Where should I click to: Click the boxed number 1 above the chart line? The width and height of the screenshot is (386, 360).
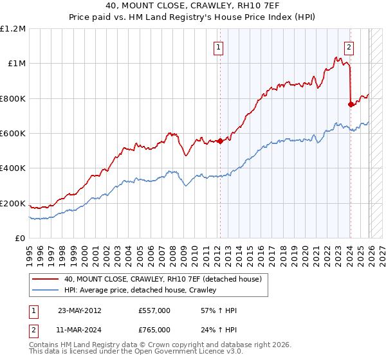tap(219, 47)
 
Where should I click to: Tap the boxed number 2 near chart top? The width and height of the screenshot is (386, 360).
tap(349, 47)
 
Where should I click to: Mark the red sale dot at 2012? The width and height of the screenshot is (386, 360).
tap(220, 141)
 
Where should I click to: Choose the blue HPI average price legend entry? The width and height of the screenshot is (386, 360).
tap(140, 291)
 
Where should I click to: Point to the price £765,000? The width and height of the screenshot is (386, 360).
tap(154, 331)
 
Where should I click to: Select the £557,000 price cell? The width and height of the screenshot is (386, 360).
tap(154, 310)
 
